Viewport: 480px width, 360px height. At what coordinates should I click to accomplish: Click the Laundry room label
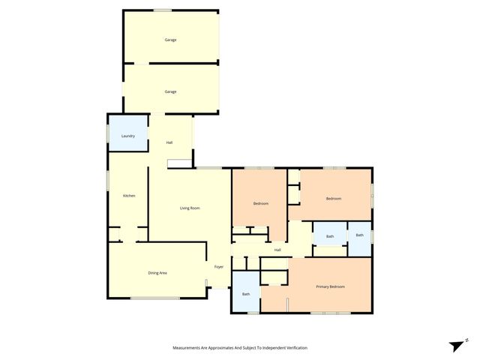128,136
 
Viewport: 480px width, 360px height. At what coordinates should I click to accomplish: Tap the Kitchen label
129,196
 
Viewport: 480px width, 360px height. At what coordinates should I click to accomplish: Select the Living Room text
190,208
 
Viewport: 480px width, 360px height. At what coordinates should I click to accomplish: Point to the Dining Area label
157,272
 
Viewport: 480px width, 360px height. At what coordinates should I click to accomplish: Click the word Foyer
219,267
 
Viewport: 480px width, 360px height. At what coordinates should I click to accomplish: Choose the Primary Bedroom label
330,286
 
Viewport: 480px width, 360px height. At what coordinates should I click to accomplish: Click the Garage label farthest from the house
171,39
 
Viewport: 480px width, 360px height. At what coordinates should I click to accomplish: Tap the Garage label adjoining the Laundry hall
171,91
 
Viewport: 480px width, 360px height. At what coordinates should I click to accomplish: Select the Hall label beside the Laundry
169,142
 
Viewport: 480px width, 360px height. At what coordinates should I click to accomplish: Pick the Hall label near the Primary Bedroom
277,250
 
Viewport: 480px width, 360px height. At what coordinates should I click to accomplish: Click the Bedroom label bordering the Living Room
260,203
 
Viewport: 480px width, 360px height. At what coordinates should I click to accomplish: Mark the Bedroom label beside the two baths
334,198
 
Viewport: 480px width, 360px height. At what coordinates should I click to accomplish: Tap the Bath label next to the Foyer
246,293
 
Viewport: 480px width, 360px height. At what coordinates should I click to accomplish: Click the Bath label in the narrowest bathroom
359,235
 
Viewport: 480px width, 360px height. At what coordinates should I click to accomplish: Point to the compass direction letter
467,339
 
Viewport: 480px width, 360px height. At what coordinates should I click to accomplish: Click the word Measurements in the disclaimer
189,347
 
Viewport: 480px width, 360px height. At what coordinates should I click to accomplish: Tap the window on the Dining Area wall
155,298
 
